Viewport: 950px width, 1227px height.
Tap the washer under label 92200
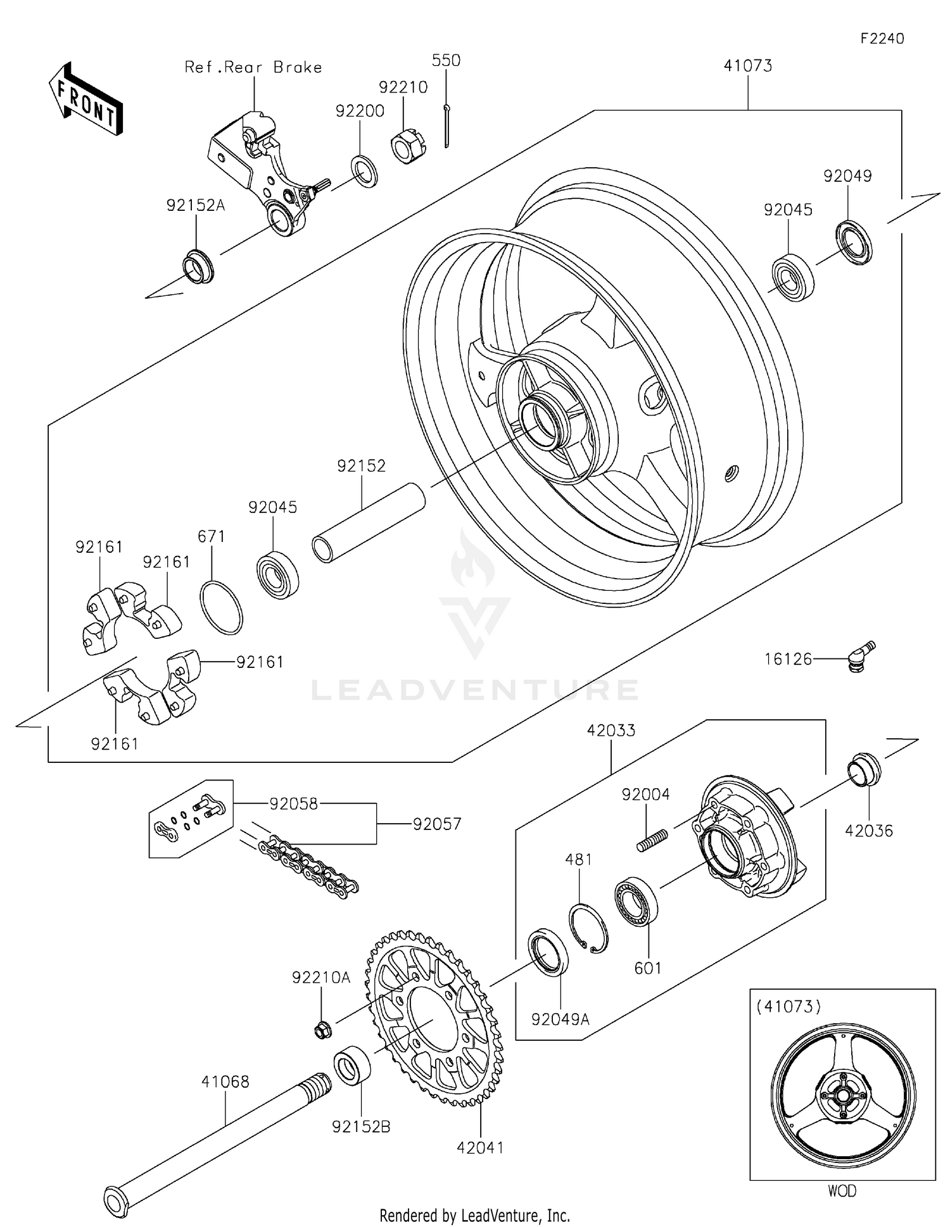pyautogui.click(x=364, y=170)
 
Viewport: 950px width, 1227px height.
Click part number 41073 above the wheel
pyautogui.click(x=748, y=66)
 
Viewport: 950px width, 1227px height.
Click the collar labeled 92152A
pyautogui.click(x=198, y=267)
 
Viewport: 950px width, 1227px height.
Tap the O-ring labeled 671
pyautogui.click(x=221, y=608)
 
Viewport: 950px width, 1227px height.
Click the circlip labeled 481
pyautogui.click(x=588, y=928)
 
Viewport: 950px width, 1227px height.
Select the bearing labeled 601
pyautogui.click(x=636, y=902)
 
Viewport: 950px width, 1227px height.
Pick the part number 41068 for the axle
pyautogui.click(x=225, y=1081)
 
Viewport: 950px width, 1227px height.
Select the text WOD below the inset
pyautogui.click(x=842, y=1191)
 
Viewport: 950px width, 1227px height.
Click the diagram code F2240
pyautogui.click(x=882, y=39)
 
